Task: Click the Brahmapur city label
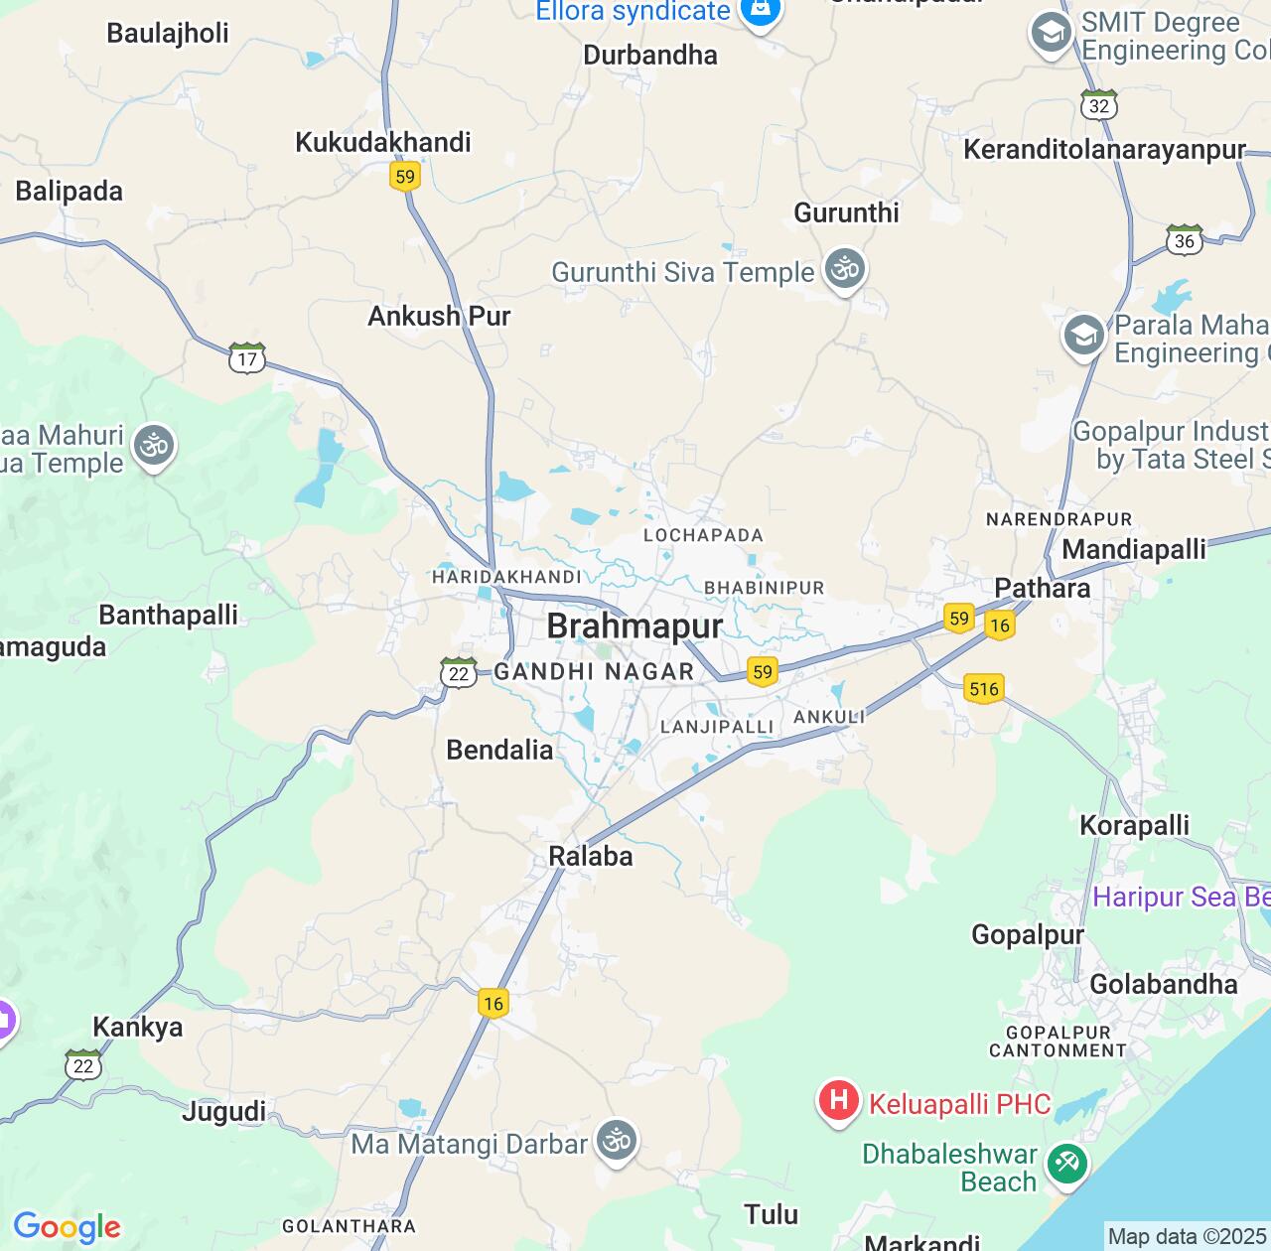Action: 635,626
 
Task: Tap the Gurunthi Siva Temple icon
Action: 846,270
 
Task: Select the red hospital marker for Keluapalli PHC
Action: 838,1101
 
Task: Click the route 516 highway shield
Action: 983,688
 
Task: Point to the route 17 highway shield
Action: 247,358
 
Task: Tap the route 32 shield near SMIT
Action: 1099,105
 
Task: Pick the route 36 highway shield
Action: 1184,240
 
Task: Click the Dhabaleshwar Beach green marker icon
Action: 1067,1163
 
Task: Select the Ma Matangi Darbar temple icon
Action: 617,1141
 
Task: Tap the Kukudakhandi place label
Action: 383,142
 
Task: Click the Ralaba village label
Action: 591,856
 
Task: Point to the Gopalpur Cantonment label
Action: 1059,1042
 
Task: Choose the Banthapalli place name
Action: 169,615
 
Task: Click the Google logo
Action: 67,1227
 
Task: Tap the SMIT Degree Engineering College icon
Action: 1051,34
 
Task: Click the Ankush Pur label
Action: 439,316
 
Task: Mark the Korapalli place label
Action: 1134,825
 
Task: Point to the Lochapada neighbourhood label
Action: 703,535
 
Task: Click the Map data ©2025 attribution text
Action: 1187,1236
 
